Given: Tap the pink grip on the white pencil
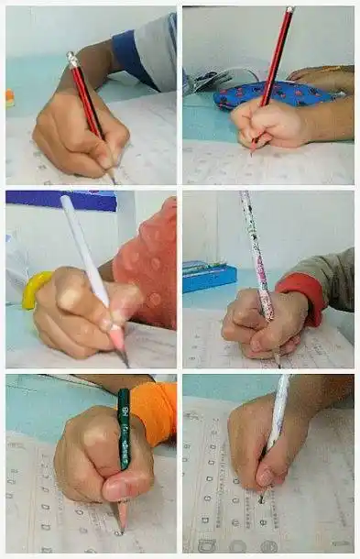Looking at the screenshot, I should tap(116, 336).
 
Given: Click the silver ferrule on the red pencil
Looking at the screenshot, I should tap(72, 60).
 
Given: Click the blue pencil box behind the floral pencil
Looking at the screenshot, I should tap(209, 278).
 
